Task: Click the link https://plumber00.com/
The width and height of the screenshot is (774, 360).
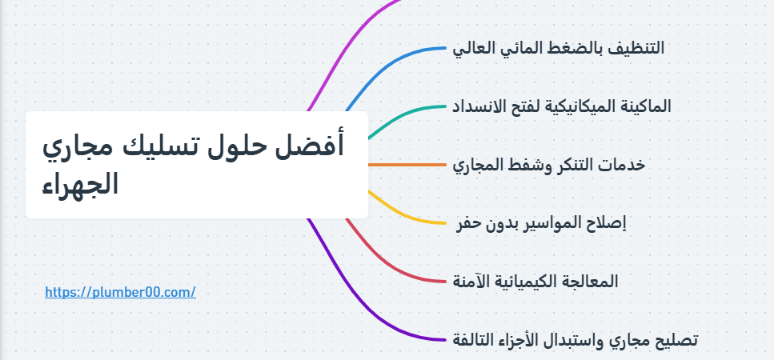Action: [x=120, y=293]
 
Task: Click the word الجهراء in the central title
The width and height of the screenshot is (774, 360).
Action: [x=80, y=185]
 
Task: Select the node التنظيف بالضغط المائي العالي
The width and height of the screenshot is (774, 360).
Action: [x=558, y=48]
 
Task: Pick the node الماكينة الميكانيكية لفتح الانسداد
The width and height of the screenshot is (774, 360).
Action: [x=562, y=106]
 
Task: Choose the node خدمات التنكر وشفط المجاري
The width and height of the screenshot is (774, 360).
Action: [x=549, y=165]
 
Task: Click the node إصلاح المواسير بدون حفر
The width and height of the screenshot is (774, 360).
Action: [x=540, y=223]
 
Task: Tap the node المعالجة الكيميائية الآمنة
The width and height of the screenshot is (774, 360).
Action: [x=535, y=281]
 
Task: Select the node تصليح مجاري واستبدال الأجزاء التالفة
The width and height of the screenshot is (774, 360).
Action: [x=575, y=340]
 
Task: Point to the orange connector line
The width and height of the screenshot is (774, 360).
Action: [x=407, y=165]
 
